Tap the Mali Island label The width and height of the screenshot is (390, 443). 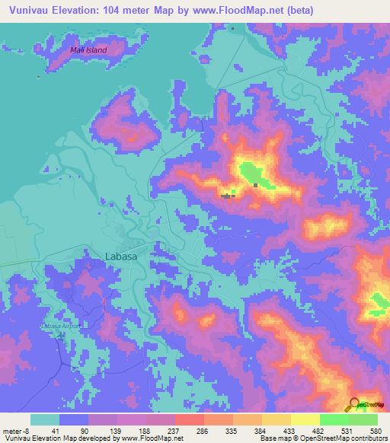[x=88, y=50]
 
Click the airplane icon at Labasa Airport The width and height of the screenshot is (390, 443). [x=61, y=336]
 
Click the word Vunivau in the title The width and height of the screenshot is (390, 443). [x=30, y=10]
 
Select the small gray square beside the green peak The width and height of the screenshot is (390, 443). [x=256, y=184]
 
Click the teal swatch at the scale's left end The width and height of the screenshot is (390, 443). [x=44, y=419]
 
